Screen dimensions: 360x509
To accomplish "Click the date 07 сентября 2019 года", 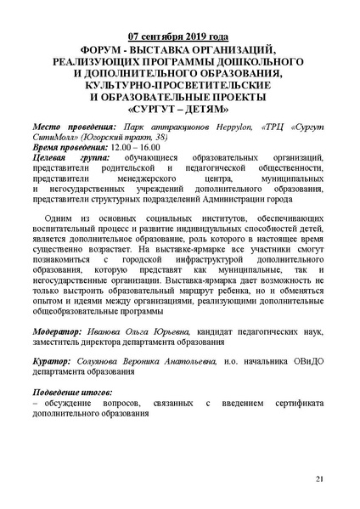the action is pos(179,37).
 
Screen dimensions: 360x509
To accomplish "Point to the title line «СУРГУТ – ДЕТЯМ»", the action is pos(179,110).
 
